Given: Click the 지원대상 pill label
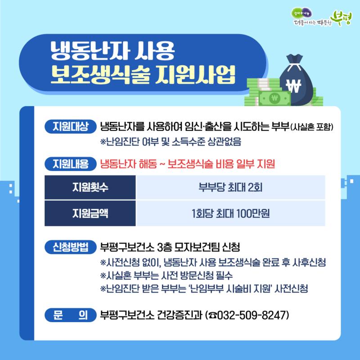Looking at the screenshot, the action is point(71,126).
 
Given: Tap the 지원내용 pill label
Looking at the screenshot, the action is point(71,164).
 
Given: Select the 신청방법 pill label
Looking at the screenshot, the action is point(71,247).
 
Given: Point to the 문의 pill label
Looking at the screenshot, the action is point(71,315).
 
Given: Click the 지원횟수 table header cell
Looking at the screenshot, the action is point(90,187).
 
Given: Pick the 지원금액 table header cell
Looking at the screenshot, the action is point(90,213).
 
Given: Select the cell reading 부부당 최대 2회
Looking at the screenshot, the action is point(230,187).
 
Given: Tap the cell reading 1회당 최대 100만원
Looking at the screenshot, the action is point(230,213).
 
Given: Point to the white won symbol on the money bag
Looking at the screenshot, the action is point(294,85).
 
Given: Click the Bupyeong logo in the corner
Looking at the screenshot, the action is point(321,18).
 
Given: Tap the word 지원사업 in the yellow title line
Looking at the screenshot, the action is point(195,75).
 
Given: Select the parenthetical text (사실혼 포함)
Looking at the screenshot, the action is point(311,127).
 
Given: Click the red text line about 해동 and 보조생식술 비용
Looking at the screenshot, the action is point(188,164).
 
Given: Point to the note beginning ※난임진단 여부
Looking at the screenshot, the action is point(171,142).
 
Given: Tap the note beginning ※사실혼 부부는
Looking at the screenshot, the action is point(166,275).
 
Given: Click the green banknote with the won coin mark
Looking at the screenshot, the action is point(274,98).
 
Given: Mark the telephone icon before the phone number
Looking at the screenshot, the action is point(212,315).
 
